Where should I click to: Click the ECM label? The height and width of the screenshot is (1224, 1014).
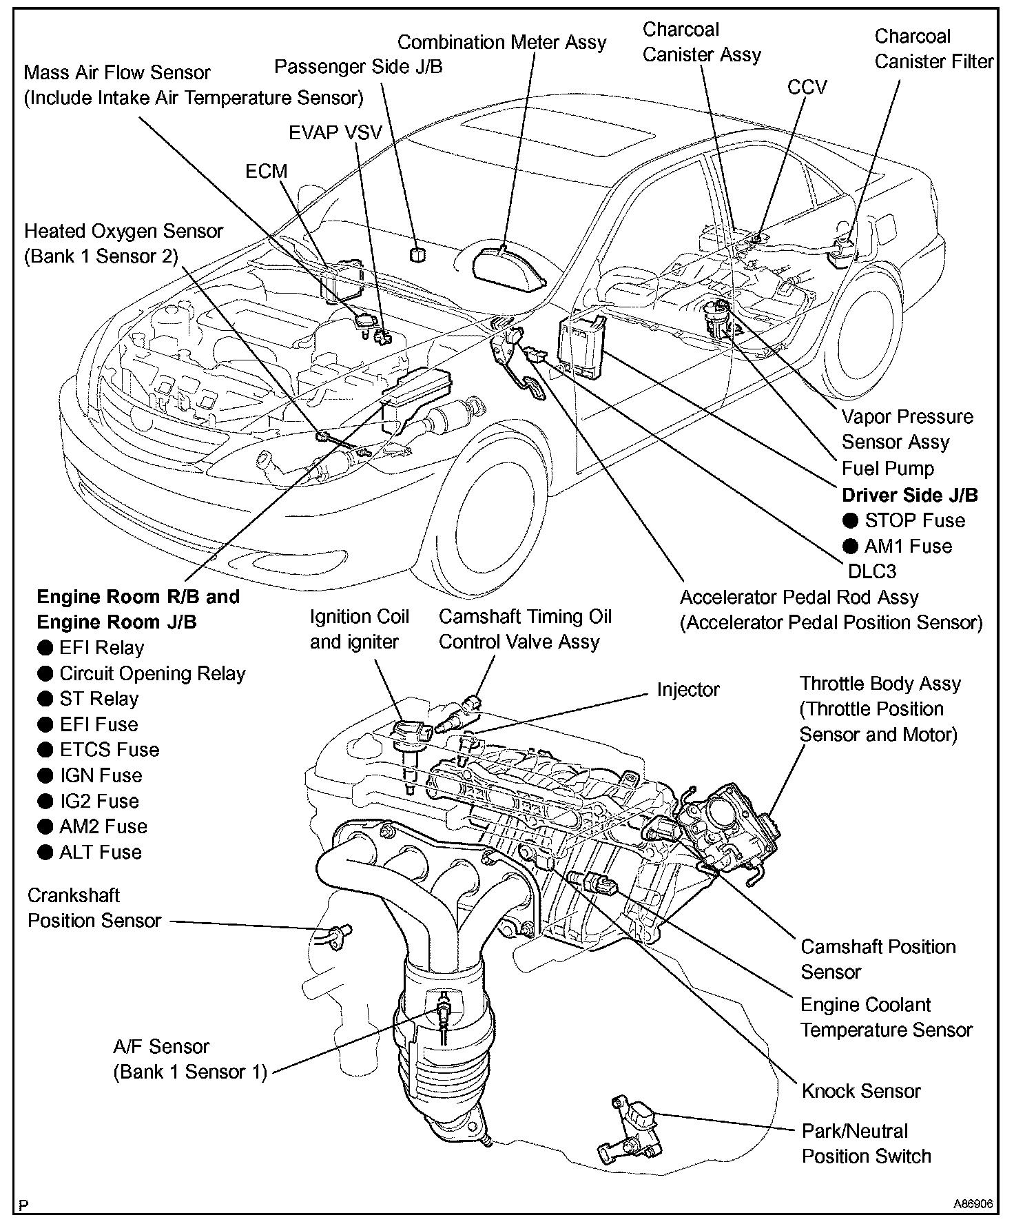[x=266, y=171]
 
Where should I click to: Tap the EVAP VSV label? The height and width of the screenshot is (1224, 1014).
[x=335, y=132]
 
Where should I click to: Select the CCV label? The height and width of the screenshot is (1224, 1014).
[x=807, y=87]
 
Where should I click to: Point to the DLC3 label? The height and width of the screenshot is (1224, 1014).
[x=872, y=571]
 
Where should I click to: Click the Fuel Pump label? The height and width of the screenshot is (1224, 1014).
[x=888, y=469]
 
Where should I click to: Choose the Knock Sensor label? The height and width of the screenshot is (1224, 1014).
[x=861, y=1091]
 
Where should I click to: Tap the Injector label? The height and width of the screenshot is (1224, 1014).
[x=687, y=690]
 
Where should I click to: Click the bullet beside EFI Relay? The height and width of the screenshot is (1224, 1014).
[x=45, y=648]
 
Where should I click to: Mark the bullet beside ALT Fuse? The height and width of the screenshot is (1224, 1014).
[x=45, y=853]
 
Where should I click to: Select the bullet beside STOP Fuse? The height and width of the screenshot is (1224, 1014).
[x=851, y=521]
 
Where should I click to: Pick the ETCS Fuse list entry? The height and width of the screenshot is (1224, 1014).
[x=109, y=750]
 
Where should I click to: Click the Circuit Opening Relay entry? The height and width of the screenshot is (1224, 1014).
[x=152, y=673]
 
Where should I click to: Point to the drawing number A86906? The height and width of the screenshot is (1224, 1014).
[x=973, y=1205]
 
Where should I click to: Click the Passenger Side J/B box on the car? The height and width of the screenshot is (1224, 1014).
[x=417, y=254]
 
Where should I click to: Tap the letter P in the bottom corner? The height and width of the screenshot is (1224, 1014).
[x=24, y=1205]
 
